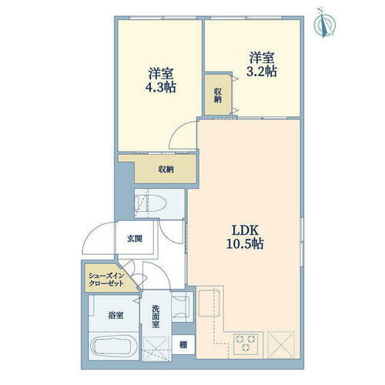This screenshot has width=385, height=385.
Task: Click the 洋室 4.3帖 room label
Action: [x=161, y=80]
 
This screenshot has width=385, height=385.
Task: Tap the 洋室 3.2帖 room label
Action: [x=262, y=65]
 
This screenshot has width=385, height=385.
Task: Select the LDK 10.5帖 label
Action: [x=245, y=237]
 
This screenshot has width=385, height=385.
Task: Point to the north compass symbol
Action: [x=325, y=24]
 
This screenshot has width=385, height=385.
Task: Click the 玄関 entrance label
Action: [x=135, y=239]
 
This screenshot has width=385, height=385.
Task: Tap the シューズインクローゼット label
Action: [x=106, y=280]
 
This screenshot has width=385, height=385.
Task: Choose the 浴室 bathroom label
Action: [x=115, y=315]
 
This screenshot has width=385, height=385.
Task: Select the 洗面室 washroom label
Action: [x=156, y=316]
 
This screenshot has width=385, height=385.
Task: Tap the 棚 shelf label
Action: [x=183, y=345]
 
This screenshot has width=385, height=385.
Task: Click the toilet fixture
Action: [x=151, y=204]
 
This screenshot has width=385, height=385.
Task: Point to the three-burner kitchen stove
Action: [x=246, y=344]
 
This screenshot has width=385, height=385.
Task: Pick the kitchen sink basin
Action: [x=209, y=303]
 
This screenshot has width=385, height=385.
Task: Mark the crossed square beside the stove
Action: [x=281, y=345]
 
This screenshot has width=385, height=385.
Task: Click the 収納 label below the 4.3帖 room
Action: [x=166, y=169]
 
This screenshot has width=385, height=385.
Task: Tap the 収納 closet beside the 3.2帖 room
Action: [x=218, y=95]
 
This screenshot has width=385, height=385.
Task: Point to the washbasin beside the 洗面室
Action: [x=181, y=306]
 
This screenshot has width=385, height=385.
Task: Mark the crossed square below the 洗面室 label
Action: [x=156, y=348]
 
